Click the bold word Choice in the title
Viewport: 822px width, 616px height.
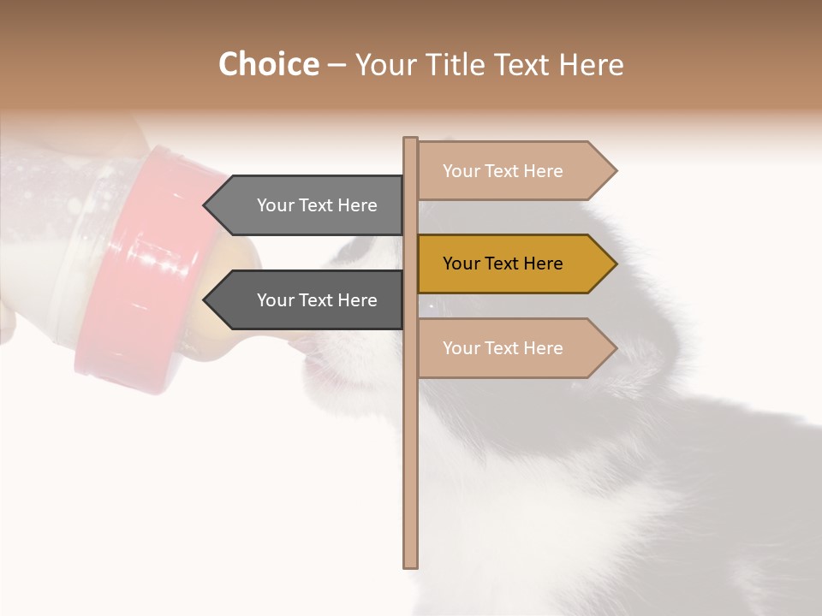[268, 65]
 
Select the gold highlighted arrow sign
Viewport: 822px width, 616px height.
[514, 264]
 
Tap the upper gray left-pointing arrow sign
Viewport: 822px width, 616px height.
[308, 205]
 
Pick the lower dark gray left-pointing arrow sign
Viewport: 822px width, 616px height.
[308, 300]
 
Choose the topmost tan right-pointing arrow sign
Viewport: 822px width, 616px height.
[514, 171]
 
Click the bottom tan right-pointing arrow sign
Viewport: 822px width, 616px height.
[514, 348]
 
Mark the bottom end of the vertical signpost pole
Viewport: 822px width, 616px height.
[411, 565]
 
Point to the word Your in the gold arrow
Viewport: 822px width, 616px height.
[461, 264]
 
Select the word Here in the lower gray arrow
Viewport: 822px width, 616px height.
[356, 300]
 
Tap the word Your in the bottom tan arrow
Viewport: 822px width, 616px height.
[461, 348]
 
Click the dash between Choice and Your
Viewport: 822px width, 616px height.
[337, 66]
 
